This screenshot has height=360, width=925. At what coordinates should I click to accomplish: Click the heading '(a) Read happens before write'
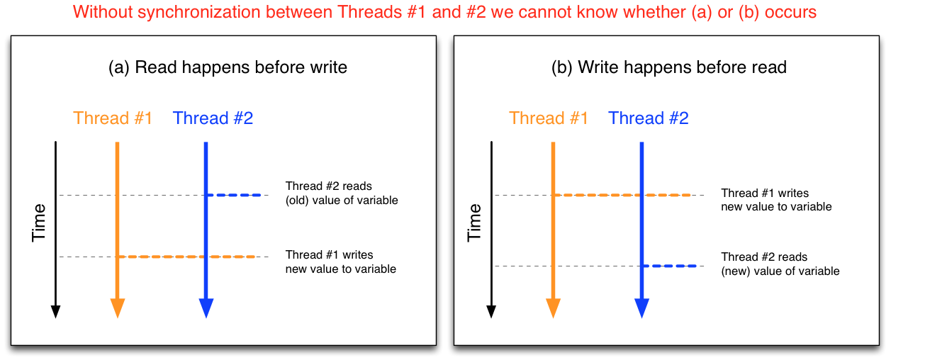coord(228,67)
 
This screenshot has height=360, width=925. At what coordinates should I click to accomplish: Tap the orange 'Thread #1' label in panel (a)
coord(113,118)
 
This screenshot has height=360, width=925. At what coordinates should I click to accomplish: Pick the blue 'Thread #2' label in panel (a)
coord(213,118)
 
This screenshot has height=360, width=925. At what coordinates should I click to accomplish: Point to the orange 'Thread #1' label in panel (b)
coord(549,118)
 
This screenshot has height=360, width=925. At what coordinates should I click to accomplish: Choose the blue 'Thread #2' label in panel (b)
coord(649,118)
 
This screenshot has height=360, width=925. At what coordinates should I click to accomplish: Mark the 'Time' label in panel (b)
coord(475,222)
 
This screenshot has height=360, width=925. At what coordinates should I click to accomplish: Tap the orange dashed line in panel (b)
coord(624,195)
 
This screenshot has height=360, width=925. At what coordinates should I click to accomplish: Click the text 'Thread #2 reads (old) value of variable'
coord(342,193)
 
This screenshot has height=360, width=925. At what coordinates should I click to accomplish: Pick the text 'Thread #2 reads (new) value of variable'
coord(780,264)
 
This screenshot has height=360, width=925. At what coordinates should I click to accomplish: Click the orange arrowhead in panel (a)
coord(118,308)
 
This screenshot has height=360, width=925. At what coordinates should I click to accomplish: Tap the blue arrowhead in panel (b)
coord(641,308)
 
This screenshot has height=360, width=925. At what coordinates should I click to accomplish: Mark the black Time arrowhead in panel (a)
coord(55,312)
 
